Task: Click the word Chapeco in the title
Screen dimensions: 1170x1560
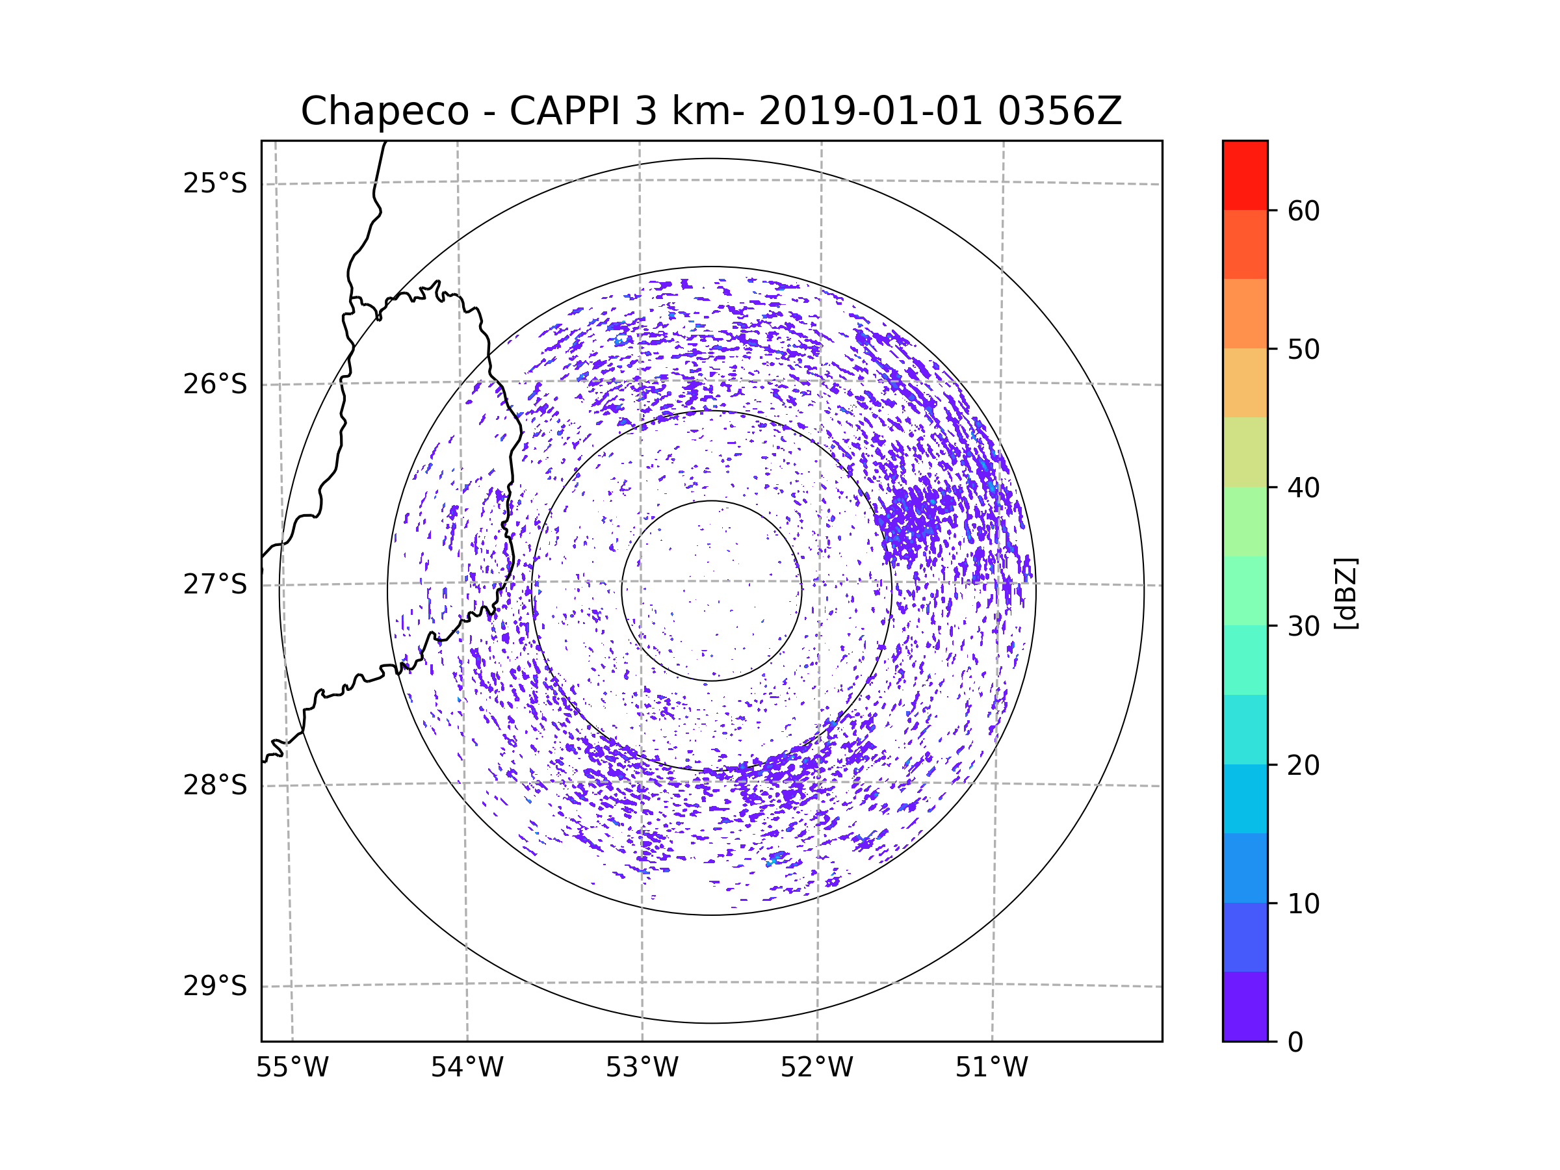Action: pos(384,111)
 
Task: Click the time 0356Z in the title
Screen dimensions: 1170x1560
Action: pos(1059,111)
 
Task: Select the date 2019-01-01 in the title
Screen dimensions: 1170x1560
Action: pos(870,111)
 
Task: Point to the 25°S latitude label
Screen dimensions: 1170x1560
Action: pos(215,183)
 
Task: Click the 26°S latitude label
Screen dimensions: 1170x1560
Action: pos(215,384)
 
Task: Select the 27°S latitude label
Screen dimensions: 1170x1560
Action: pos(215,584)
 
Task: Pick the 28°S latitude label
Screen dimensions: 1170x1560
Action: pos(215,785)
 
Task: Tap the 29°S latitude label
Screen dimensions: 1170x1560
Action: pos(215,986)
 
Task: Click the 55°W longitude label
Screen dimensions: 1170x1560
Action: pos(292,1068)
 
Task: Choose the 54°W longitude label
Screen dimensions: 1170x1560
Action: pos(467,1068)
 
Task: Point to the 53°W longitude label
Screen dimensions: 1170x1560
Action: pos(642,1068)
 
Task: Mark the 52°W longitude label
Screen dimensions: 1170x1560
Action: pos(816,1068)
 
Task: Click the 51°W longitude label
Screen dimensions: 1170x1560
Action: pos(991,1068)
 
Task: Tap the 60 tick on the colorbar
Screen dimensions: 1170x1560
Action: pos(1303,211)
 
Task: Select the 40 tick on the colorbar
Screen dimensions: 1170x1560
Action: pos(1303,487)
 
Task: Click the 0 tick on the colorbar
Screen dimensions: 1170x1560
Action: pos(1295,1043)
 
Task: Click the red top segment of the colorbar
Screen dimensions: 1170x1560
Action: pos(1245,175)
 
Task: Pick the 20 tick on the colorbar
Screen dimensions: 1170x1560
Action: pos(1303,765)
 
